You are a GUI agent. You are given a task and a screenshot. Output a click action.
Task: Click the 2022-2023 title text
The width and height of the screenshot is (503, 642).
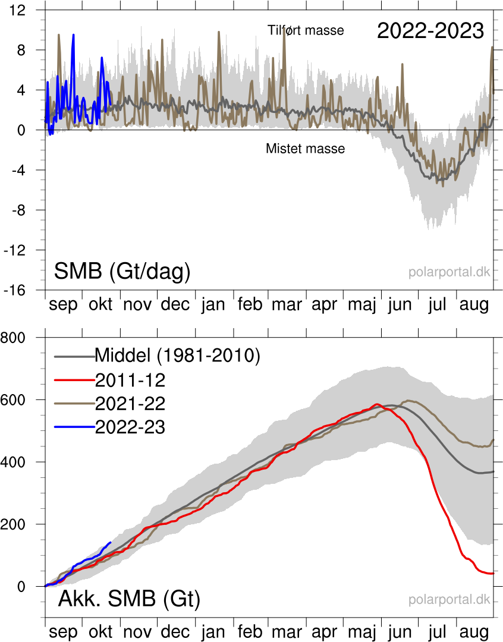pyautogui.click(x=430, y=32)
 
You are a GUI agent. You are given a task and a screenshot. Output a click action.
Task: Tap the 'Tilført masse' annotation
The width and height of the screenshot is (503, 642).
pyautogui.click(x=306, y=30)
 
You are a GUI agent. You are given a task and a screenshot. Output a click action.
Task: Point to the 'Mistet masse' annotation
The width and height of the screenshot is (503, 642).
pyautogui.click(x=305, y=149)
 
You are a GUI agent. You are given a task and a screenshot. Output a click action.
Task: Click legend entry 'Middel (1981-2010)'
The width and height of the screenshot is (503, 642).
pyautogui.click(x=178, y=355)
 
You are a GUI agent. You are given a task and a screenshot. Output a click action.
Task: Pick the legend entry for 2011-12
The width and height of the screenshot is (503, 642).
pyautogui.click(x=130, y=380)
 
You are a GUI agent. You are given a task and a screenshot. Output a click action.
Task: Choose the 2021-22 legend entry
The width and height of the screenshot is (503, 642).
pyautogui.click(x=130, y=404)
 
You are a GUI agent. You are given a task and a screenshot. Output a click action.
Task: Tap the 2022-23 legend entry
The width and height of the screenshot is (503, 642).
pyautogui.click(x=130, y=427)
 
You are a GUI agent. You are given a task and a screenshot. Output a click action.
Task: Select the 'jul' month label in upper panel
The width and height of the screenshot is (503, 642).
pyautogui.click(x=437, y=304)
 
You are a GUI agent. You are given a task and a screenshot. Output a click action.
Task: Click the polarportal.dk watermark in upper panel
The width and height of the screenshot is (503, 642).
pyautogui.click(x=449, y=272)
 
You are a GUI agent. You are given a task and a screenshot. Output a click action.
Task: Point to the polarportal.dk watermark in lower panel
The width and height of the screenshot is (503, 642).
pyautogui.click(x=449, y=600)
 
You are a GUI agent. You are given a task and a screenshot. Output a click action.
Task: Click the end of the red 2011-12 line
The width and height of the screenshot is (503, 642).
pyautogui.click(x=493, y=573)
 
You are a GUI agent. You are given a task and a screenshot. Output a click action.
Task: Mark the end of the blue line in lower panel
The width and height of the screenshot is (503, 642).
pyautogui.click(x=110, y=542)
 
